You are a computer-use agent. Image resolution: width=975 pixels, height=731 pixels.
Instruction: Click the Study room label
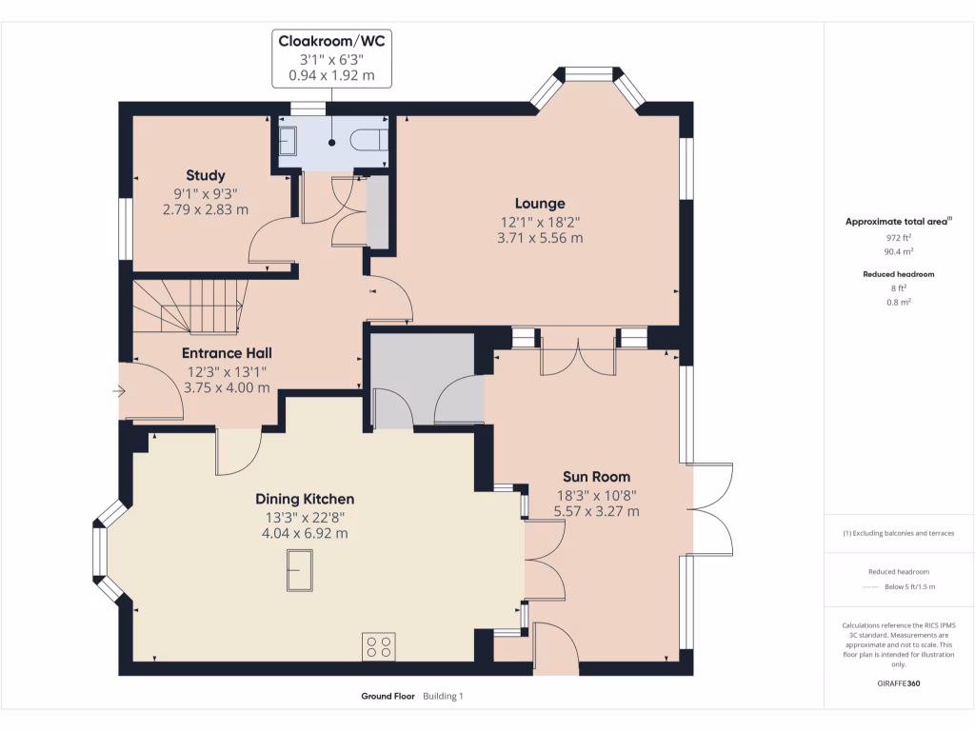[x=206, y=175]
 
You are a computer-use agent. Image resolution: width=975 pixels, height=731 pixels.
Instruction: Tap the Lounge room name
[x=540, y=203]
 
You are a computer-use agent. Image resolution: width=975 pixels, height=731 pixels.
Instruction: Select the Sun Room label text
[x=596, y=477]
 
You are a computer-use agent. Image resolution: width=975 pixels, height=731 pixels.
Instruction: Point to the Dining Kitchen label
[x=305, y=499]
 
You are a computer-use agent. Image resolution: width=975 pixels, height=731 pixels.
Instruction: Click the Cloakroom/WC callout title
[x=331, y=40]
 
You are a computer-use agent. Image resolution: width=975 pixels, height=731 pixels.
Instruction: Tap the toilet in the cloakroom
[x=368, y=141]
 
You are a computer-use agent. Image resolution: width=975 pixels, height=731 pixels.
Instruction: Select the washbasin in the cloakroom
[x=289, y=142]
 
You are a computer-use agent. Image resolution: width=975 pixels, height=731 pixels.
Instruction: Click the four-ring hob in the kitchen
[x=378, y=646]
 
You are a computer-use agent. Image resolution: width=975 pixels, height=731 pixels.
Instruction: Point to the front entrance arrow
[x=119, y=390]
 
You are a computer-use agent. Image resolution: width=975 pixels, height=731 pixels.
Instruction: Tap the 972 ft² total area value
[x=898, y=237]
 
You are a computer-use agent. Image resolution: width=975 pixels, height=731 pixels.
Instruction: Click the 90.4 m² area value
[x=898, y=252]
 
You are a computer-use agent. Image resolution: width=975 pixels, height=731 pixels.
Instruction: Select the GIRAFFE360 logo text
[x=898, y=682]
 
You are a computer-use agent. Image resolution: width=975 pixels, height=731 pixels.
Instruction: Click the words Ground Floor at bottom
[x=388, y=696]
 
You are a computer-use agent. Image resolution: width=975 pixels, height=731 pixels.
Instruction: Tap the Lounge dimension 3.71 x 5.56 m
[x=540, y=238]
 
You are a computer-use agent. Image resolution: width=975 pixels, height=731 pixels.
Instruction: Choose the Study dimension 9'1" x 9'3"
[x=206, y=193]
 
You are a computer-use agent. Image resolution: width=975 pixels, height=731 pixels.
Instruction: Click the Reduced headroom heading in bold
[x=898, y=274]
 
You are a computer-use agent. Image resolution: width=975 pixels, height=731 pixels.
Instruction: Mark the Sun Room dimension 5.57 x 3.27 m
[x=596, y=511]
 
